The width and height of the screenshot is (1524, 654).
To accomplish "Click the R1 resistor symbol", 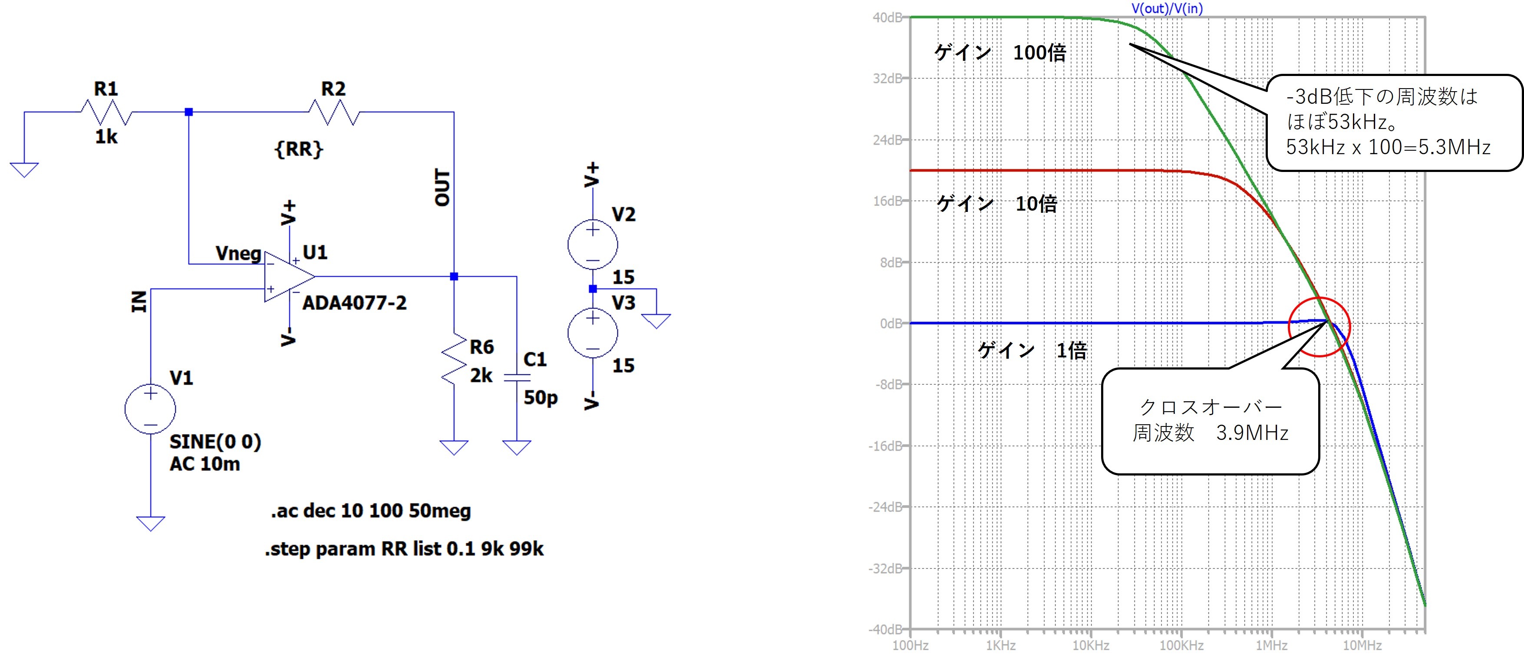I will click(x=106, y=112).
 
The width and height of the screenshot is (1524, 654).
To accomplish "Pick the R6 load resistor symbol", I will click(x=454, y=359).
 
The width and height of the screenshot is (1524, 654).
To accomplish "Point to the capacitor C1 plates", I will click(x=517, y=377).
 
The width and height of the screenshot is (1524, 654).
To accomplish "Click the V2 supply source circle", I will click(x=592, y=244).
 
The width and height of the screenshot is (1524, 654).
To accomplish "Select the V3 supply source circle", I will click(x=592, y=333).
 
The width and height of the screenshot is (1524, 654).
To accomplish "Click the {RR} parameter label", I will click(x=299, y=149).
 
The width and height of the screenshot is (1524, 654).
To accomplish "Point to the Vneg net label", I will click(x=238, y=253).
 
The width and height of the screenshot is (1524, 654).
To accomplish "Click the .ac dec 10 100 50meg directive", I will click(x=371, y=511).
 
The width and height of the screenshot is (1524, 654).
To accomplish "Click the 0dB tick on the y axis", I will click(x=891, y=323).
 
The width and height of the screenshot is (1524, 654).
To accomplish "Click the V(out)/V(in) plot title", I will click(x=1167, y=8).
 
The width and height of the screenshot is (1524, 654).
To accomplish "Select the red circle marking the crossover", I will click(x=1319, y=327).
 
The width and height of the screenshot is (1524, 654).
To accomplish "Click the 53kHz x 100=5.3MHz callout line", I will click(x=1388, y=147).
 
